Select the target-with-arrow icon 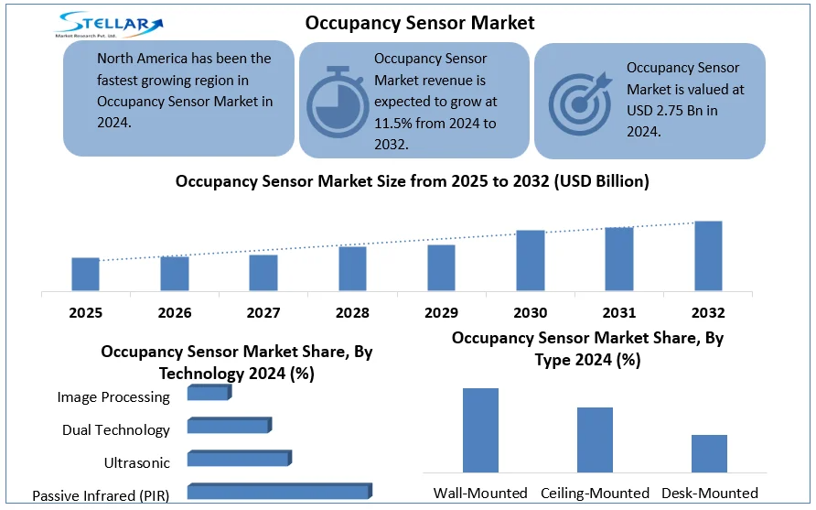coord(576,100)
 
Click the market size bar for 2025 coord(85,275)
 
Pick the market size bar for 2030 coord(531,261)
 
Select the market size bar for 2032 coord(708,256)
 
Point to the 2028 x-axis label coord(352,313)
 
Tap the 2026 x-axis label coord(174,313)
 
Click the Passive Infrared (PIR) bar coord(279,493)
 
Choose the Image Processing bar coord(209,393)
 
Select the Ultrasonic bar coord(238,459)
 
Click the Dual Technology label coord(116,429)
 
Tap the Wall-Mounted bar coord(480,429)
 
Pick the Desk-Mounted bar coord(709,453)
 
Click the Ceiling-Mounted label coord(595,493)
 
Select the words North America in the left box coord(142,59)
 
